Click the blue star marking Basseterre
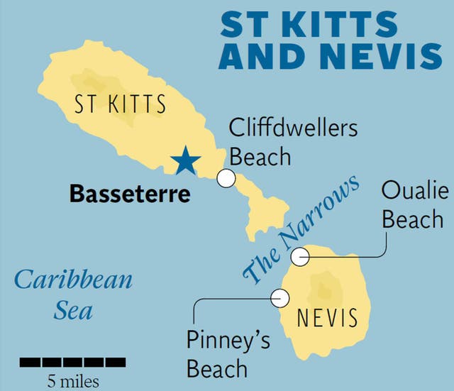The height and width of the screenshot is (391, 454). [186, 160]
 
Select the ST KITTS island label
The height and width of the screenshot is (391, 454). [120, 105]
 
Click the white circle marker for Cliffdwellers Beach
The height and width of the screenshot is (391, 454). [226, 178]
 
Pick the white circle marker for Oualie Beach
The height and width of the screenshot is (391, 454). [301, 256]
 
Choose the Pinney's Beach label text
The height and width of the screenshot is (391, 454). [228, 355]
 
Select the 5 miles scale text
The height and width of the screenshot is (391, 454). [74, 381]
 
